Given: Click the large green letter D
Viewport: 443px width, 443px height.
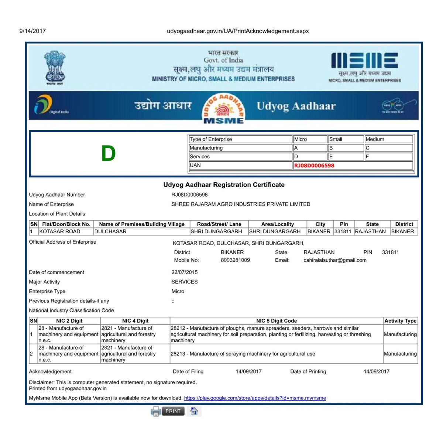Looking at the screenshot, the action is click(x=108, y=154).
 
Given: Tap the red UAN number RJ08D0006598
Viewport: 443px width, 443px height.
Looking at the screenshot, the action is click(x=314, y=165).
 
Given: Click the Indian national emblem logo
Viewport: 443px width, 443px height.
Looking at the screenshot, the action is click(x=55, y=68).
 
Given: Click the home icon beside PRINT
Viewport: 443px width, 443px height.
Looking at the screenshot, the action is click(x=194, y=411).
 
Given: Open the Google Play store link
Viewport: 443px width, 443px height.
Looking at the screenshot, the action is click(x=255, y=398).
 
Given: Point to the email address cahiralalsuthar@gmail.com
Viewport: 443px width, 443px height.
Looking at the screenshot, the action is click(x=335, y=260).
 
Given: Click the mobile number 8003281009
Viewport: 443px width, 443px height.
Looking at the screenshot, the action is click(x=235, y=260).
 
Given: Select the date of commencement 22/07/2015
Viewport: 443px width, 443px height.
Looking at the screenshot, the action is click(x=185, y=272).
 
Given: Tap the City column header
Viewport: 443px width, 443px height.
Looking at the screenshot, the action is click(x=320, y=224).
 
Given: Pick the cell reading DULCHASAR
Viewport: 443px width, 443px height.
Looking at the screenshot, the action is click(x=110, y=231).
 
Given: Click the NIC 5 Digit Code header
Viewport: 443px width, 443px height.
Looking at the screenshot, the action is click(x=277, y=321).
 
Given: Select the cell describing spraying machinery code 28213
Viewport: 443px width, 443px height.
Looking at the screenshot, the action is click(x=243, y=354).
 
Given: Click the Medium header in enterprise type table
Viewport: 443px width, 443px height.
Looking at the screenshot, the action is click(x=375, y=139).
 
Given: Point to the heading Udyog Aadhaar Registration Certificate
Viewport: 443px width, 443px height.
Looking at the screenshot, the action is click(x=224, y=185).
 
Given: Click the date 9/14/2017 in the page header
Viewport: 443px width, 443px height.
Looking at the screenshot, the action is click(x=32, y=31).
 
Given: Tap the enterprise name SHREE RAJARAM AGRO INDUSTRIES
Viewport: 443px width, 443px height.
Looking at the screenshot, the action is click(x=241, y=204).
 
